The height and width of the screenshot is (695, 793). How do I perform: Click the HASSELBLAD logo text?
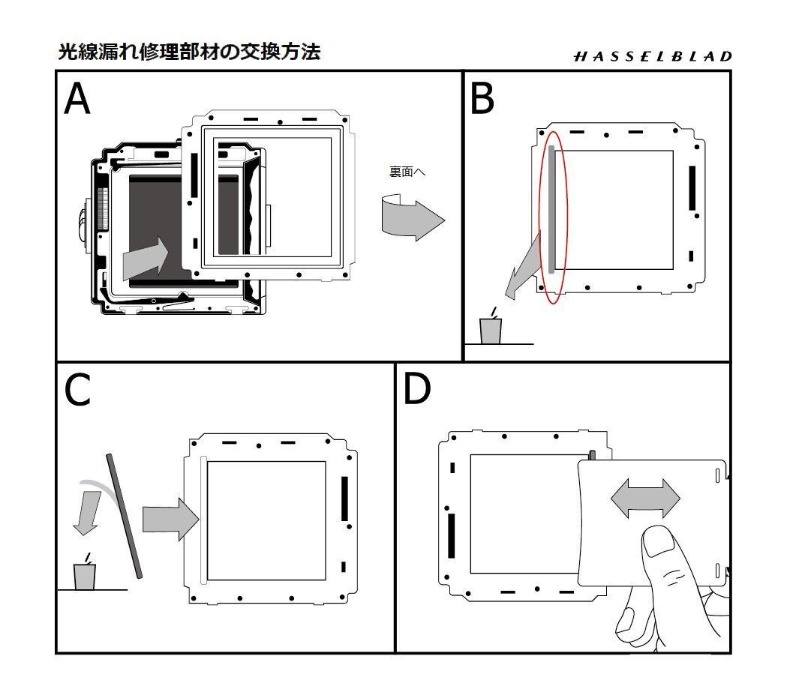pyautogui.click(x=652, y=56)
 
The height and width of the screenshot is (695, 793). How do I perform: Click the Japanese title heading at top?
pyautogui.click(x=189, y=52)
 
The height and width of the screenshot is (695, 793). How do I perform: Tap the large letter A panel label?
pyautogui.click(x=77, y=99)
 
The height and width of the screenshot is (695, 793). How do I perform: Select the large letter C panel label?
pyautogui.click(x=77, y=390)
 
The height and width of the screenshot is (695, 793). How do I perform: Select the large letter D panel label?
pyautogui.click(x=417, y=389)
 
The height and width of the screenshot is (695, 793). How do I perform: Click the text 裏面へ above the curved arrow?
pyautogui.click(x=407, y=172)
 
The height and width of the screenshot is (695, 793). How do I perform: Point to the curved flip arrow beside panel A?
pyautogui.click(x=412, y=217)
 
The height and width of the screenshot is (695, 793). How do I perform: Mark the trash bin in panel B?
pyautogui.click(x=490, y=330)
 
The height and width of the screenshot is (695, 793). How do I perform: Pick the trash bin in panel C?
pyautogui.click(x=85, y=576)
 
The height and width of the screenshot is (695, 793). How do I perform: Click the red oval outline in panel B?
pyautogui.click(x=554, y=217)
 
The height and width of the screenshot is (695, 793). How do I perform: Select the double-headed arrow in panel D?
pyautogui.click(x=645, y=499)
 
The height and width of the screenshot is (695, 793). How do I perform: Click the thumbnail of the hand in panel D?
pyautogui.click(x=660, y=542)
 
